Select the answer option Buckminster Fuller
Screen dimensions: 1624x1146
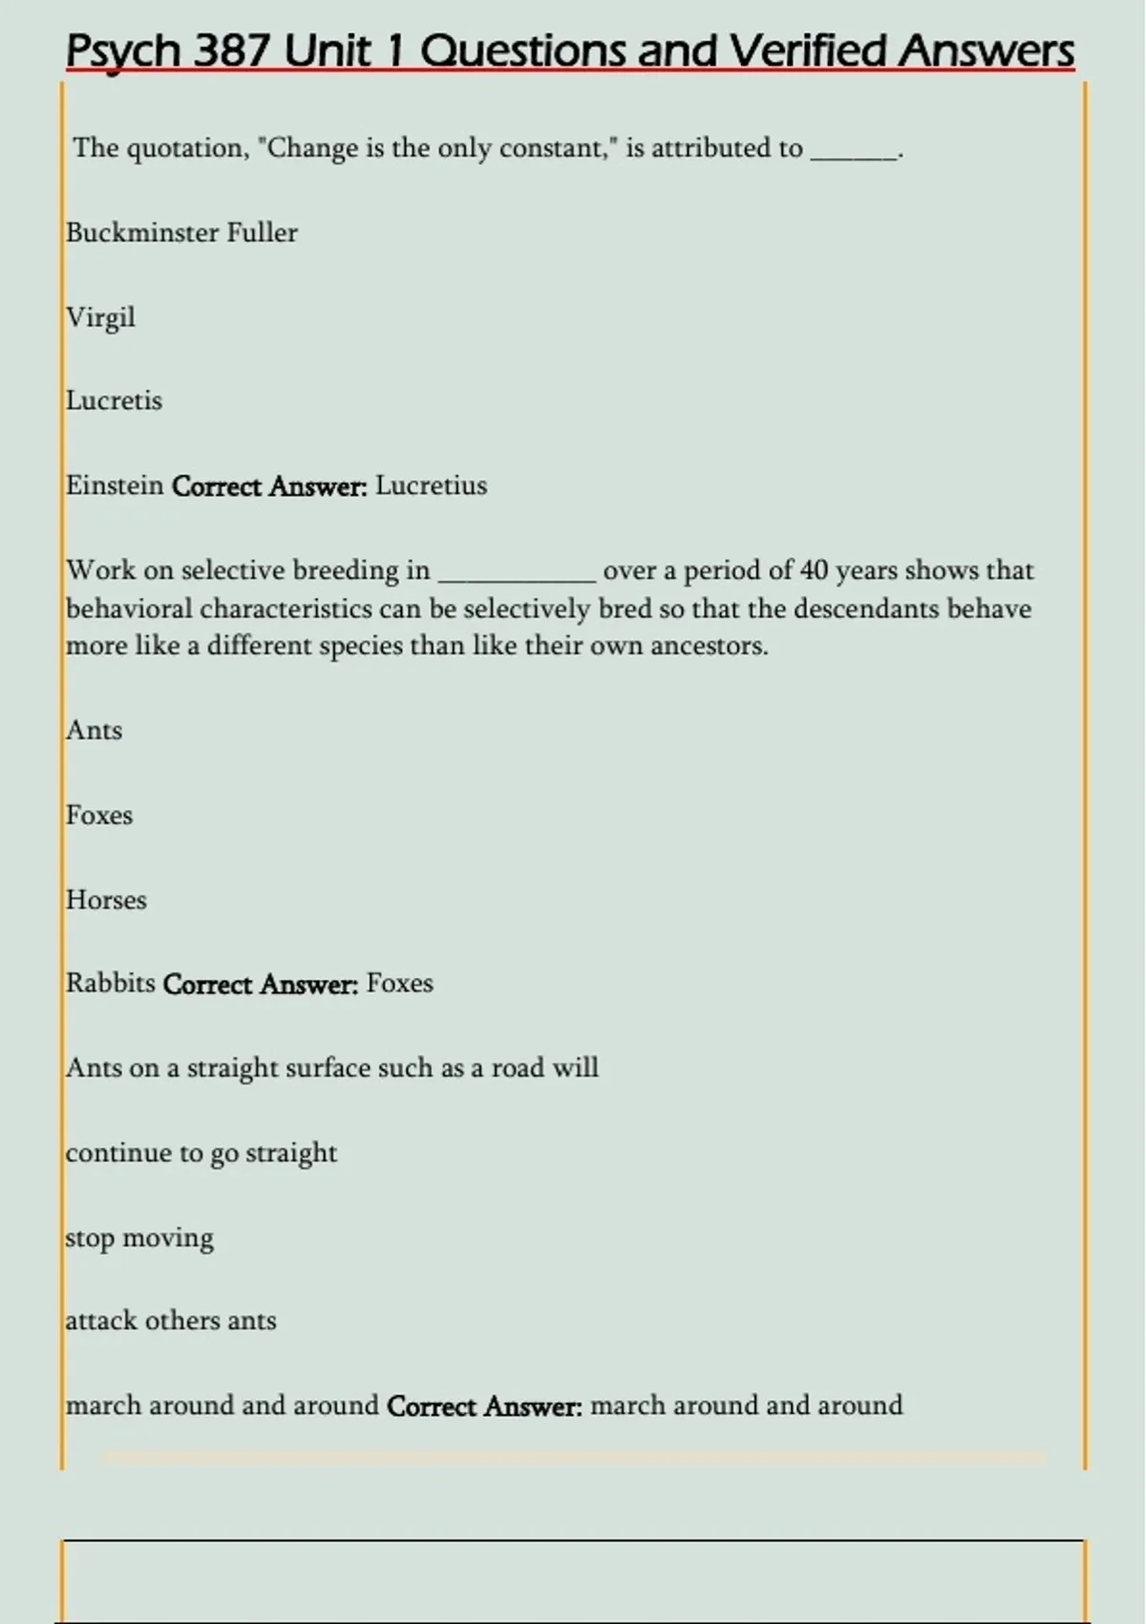click(181, 233)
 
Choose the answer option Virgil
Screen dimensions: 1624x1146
click(100, 317)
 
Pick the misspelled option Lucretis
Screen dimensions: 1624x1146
click(114, 401)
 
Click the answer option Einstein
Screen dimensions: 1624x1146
click(115, 486)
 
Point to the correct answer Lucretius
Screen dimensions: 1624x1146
click(431, 486)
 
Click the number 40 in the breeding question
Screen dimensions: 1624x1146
click(814, 571)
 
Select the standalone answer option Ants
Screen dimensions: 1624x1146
click(94, 731)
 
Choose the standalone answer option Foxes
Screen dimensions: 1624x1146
click(99, 816)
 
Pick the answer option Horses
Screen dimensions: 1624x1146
click(106, 901)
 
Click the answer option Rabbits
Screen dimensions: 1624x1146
click(110, 984)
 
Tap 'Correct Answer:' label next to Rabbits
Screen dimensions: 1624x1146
click(261, 985)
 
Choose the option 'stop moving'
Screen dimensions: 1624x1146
click(139, 1238)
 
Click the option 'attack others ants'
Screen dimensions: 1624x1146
click(171, 1321)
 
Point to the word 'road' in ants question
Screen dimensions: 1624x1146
click(517, 1068)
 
